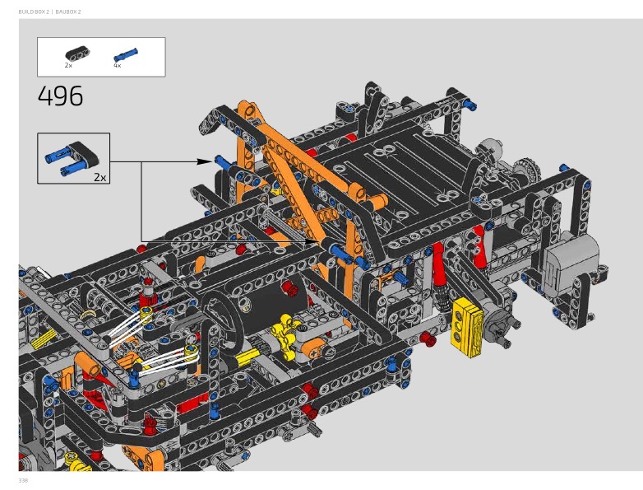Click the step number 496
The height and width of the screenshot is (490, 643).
coord(60,96)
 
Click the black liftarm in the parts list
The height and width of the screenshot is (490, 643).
coord(77,54)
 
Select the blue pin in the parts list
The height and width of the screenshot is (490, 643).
coord(126,55)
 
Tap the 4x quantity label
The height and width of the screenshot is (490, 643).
coord(118,65)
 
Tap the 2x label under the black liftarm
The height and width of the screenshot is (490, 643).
coord(68,65)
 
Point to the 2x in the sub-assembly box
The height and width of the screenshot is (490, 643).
coord(100,177)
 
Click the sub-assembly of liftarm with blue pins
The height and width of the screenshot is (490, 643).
coord(71,158)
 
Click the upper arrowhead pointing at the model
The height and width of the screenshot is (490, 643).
coord(205,162)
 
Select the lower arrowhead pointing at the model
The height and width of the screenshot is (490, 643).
coord(312,241)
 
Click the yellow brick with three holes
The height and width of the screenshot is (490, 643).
coord(467,325)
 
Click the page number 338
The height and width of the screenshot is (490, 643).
coord(23,481)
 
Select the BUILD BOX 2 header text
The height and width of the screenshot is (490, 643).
coord(34,12)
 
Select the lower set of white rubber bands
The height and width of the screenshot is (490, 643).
coord(169,358)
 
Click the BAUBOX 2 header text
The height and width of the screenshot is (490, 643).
coord(68,12)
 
